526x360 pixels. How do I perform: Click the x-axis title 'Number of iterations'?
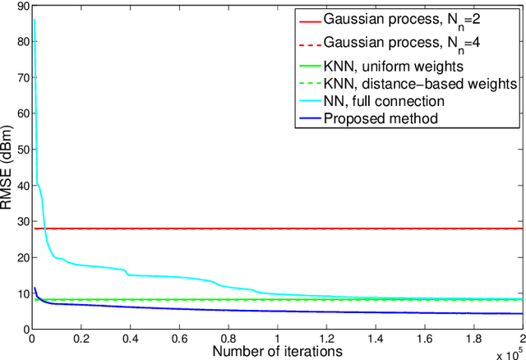[275, 351]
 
